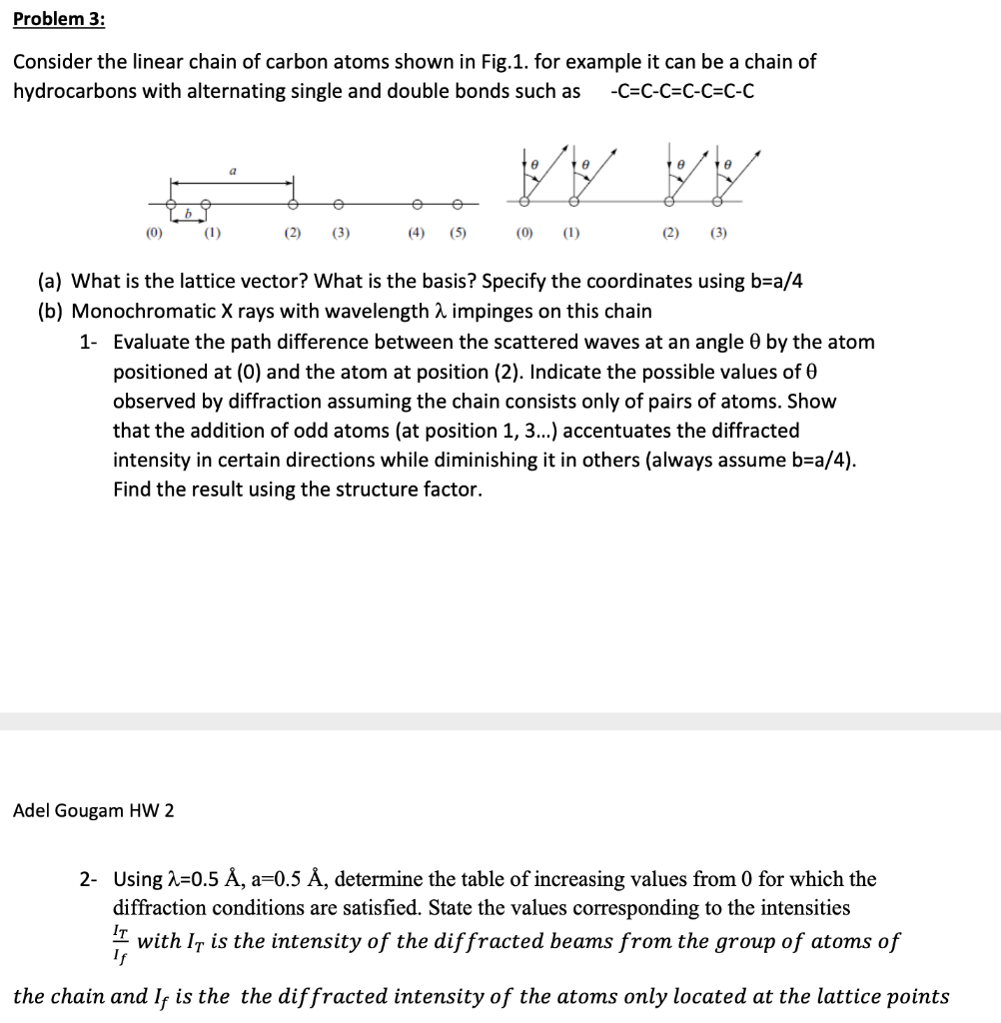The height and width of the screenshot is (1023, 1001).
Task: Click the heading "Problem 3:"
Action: pyautogui.click(x=59, y=19)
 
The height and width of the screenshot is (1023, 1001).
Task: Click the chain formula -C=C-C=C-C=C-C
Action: pyautogui.click(x=680, y=92)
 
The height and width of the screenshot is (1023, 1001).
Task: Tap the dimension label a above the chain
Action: pyautogui.click(x=233, y=171)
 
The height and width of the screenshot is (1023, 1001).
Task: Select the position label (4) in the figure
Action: pyautogui.click(x=414, y=237)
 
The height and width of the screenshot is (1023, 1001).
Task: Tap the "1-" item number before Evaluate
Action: pyautogui.click(x=89, y=342)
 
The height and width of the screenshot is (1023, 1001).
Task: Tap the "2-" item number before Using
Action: pyautogui.click(x=89, y=879)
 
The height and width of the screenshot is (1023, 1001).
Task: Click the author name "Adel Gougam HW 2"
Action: pyautogui.click(x=93, y=810)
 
